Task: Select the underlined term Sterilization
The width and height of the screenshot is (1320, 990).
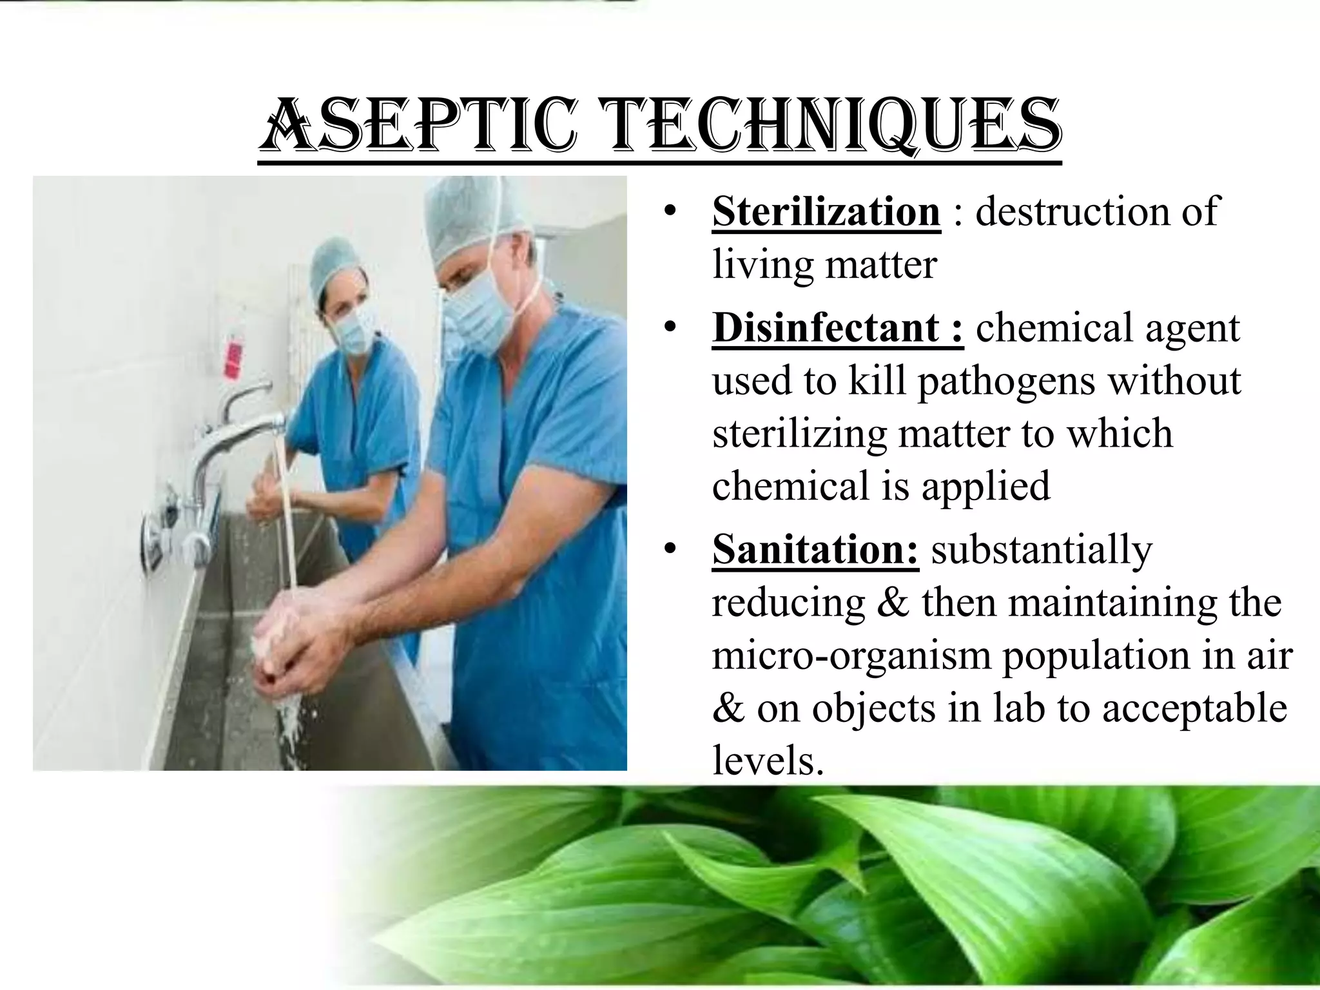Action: click(x=826, y=211)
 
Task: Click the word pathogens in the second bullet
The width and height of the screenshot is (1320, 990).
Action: click(x=1006, y=380)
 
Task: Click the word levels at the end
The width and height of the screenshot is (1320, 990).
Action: click(x=767, y=761)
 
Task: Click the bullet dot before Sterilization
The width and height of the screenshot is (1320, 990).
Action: click(x=670, y=211)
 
